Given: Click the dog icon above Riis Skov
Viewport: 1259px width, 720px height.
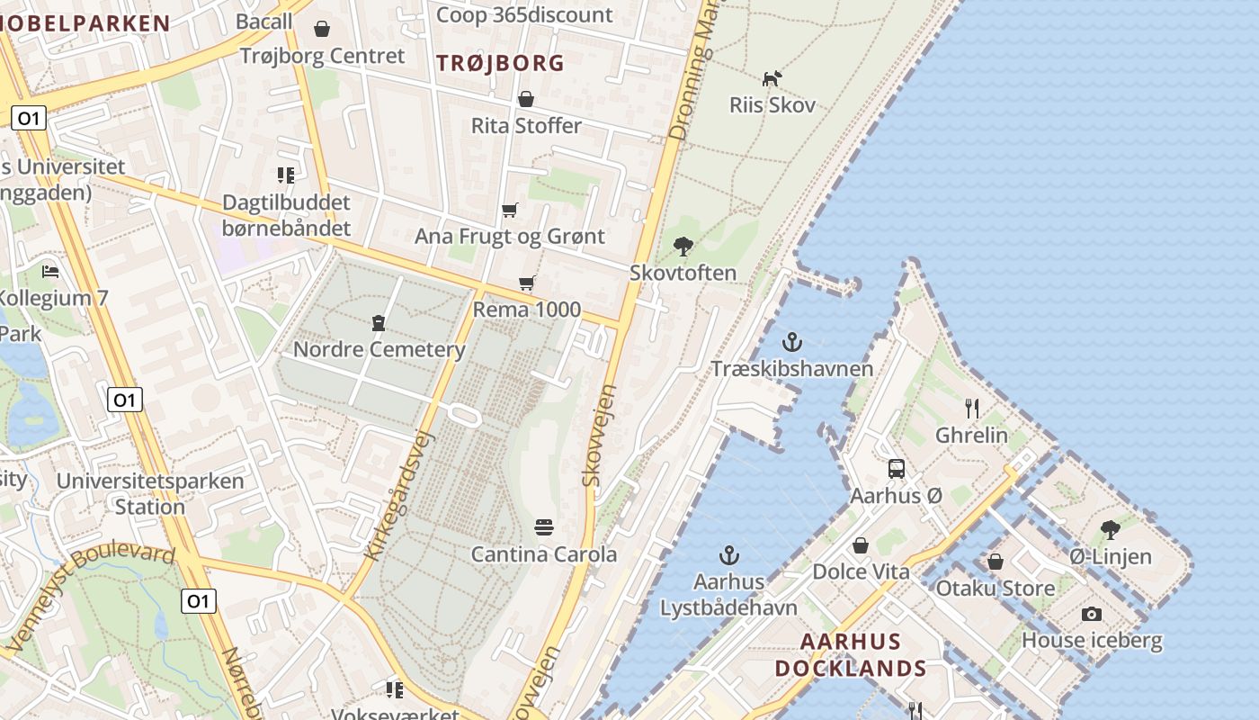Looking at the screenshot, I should coord(772,79).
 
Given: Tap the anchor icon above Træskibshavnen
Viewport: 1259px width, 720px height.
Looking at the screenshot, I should coord(792,342).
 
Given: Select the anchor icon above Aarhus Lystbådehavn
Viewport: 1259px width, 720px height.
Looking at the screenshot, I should coord(729,555).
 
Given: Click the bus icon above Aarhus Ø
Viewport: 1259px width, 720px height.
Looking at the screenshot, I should coord(897,469).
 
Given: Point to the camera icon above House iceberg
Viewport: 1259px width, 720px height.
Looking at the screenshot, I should coord(1092,614).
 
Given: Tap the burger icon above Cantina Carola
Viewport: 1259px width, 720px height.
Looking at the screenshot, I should coord(543,526).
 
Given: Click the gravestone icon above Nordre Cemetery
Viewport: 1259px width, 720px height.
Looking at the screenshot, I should coord(379,323).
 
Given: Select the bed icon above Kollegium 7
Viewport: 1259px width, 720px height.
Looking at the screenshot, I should coord(50,271).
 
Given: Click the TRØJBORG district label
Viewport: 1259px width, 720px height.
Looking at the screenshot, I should coord(500,63).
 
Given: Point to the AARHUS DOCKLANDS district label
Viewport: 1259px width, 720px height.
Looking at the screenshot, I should coord(850,655).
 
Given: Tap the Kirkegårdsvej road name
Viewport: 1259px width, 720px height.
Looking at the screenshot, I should coord(400,496).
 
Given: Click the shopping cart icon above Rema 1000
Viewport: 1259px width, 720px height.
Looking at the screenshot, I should coord(527,283).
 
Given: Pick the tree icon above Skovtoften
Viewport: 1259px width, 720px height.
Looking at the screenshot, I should coord(683,246).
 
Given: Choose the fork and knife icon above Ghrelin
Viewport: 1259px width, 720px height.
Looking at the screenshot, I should coord(971,409).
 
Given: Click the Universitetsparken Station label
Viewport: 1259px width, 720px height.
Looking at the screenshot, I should coord(150,493).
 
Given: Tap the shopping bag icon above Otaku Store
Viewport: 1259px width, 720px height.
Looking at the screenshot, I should coord(995,562).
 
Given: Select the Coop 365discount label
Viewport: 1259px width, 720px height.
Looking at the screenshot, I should coord(523,14).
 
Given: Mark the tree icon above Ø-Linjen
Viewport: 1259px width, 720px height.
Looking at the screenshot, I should coord(1111,530).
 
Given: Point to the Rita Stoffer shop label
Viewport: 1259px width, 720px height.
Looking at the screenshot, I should coord(526,125).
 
